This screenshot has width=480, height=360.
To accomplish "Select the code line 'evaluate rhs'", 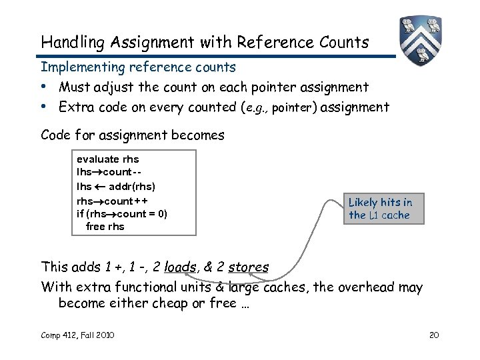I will point(108,159).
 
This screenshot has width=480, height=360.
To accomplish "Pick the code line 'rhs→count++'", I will point(113,200).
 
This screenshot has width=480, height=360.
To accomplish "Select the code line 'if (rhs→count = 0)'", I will point(122,213).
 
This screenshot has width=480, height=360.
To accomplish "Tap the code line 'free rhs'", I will point(105,227).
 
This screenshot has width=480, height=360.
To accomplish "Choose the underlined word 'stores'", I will point(249,267).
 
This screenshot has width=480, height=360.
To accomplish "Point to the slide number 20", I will point(434,335).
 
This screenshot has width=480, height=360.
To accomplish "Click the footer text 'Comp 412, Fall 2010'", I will point(77,335).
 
